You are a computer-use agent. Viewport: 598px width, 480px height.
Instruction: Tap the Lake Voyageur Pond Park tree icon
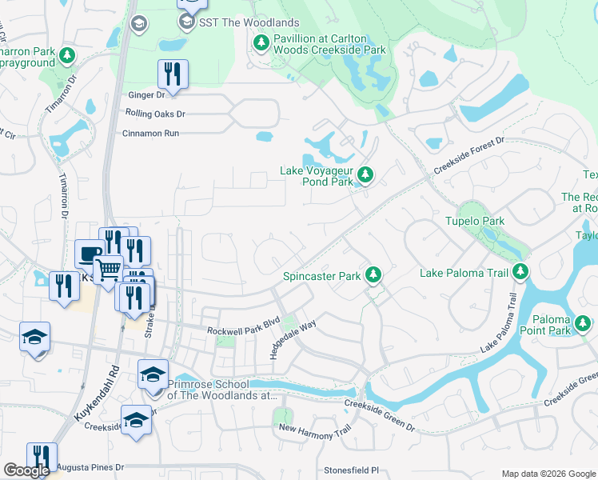click(365, 174)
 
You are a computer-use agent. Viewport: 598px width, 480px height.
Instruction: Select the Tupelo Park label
click(475, 221)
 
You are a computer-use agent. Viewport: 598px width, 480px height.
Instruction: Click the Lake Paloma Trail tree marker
click(520, 273)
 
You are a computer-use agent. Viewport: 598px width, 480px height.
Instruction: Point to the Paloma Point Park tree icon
click(583, 323)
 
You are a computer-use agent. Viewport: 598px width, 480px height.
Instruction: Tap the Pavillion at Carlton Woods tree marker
click(261, 42)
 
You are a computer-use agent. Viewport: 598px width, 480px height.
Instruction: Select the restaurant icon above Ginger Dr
click(173, 74)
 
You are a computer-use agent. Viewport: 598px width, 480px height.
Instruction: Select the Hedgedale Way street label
click(293, 339)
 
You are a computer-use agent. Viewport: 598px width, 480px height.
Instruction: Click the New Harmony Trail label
click(314, 429)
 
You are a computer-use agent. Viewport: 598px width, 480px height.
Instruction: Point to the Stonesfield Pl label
click(350, 470)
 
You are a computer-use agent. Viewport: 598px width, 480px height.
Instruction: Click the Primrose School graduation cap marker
click(153, 374)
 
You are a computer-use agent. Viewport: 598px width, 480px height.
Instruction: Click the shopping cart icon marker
click(109, 269)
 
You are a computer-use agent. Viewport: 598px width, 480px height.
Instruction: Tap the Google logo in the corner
click(26, 470)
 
